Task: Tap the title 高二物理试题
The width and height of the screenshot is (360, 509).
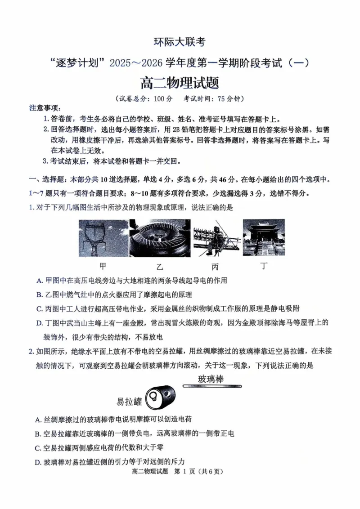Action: pos(180,83)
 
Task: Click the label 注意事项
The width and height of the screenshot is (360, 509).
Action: pos(44,108)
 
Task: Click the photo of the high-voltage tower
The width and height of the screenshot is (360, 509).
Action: pos(103,237)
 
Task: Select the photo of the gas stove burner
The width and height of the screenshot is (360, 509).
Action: pos(160,237)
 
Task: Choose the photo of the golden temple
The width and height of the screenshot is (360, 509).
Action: pos(264,237)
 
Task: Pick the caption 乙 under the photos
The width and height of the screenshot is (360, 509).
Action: pos(160,266)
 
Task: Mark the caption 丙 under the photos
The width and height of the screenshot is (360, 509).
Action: pos(215,266)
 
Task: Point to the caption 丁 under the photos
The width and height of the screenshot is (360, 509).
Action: pos(264,266)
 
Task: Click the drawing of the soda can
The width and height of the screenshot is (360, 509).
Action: pos(162,396)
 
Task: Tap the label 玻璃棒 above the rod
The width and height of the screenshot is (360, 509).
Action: pos(211,379)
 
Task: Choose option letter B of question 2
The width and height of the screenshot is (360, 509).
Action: pos(38,434)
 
